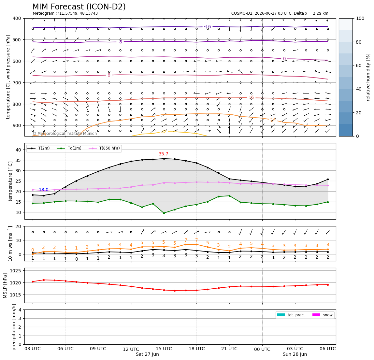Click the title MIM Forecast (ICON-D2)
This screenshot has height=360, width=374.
coord(79,7)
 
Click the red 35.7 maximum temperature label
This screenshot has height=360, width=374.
coord(164,154)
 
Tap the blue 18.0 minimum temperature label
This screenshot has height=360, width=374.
coord(44,190)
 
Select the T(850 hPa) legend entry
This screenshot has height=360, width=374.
coord(104,148)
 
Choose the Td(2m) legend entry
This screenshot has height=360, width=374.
coord(69,148)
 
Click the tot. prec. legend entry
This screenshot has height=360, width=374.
coord(291,315)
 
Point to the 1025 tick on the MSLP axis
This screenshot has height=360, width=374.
coord(16,270)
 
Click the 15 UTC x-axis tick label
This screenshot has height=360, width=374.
coord(164,349)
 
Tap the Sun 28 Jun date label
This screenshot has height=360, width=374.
coord(295,354)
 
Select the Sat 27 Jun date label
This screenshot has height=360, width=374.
coord(147,354)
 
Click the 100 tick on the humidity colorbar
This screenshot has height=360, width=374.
coord(360,18)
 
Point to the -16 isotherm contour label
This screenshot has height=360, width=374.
coord(208,26)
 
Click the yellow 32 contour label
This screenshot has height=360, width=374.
coord(164,131)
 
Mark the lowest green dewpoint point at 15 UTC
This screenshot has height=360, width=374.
coord(164,213)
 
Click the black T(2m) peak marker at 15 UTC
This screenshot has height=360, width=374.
coord(164,159)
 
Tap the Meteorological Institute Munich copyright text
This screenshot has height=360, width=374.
coord(65,133)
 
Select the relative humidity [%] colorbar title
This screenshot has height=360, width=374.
coord(368,77)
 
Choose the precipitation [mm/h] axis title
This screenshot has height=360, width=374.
coord(14,327)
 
